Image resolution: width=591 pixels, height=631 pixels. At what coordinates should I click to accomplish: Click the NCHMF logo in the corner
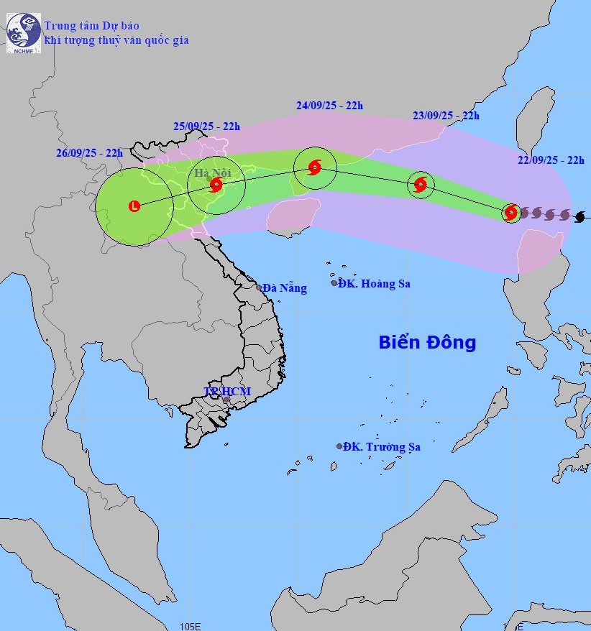(24, 33)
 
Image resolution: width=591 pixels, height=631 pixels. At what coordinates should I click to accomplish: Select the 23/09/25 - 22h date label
(446, 115)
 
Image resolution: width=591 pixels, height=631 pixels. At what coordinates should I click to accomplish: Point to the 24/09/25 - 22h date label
(330, 105)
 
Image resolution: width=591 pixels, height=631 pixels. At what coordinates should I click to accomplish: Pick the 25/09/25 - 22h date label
(206, 126)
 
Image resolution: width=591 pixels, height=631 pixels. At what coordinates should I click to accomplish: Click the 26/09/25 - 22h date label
(90, 152)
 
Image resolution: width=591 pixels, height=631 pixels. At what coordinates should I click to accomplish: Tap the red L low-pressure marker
(134, 207)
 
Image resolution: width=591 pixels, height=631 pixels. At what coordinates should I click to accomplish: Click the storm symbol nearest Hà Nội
(216, 185)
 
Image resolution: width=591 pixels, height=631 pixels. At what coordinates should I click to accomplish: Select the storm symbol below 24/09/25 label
(314, 168)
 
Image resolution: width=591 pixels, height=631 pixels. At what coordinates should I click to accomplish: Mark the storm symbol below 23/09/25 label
(421, 185)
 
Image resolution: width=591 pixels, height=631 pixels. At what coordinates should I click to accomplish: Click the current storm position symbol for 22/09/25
(511, 212)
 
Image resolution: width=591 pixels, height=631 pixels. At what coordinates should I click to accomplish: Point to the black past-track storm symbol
(580, 216)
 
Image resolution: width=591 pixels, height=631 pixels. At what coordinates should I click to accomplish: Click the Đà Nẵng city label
(285, 288)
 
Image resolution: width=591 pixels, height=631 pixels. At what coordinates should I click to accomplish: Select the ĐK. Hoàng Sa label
(375, 283)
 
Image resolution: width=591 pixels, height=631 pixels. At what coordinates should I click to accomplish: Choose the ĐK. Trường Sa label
(382, 447)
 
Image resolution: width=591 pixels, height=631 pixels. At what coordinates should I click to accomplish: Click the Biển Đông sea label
(427, 342)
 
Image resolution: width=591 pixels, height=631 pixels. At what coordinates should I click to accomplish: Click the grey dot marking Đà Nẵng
(259, 287)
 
